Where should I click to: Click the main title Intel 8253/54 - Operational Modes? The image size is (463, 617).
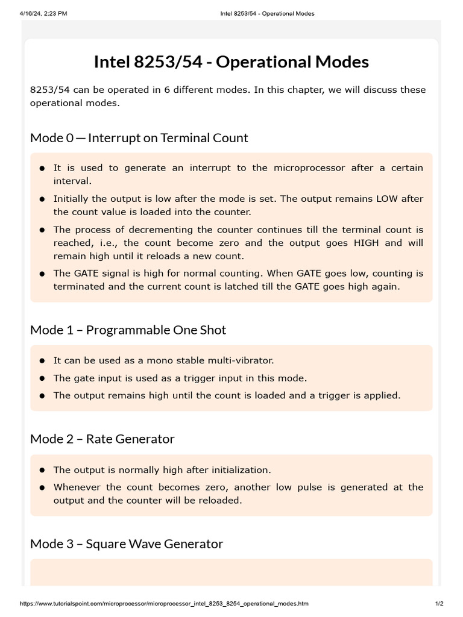point(231,62)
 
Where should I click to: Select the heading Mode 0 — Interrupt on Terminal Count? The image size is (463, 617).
point(139,137)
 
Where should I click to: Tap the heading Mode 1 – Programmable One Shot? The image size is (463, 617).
point(128,330)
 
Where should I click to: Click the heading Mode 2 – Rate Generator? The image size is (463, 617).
point(102,439)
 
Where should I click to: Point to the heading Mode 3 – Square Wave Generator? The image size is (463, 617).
point(126,543)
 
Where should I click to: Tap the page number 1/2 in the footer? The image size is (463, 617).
point(439,604)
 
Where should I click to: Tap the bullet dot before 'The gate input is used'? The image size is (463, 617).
point(42,378)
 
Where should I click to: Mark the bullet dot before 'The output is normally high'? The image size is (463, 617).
point(42,470)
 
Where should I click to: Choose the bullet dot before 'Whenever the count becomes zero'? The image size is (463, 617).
point(42,487)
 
